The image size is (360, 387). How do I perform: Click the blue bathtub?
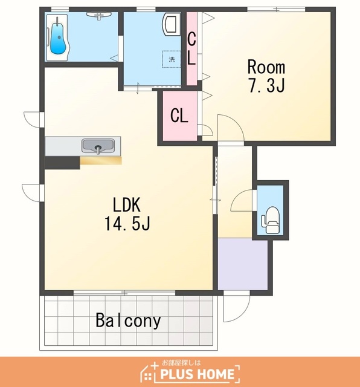click(x=59, y=37)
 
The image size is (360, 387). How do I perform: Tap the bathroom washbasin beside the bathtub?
click(x=98, y=15)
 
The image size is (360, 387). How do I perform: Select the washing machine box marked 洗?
click(x=172, y=59)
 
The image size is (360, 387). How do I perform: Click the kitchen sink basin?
click(x=98, y=146)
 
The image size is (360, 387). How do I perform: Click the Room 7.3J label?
click(x=266, y=76)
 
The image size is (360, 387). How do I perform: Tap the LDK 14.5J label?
click(x=127, y=213)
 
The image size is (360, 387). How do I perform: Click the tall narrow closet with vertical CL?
click(x=191, y=48)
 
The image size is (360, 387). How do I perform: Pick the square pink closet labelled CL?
click(x=180, y=115)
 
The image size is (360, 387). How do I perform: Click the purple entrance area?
click(x=243, y=264)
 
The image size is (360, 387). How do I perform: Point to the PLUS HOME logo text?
click(x=198, y=374)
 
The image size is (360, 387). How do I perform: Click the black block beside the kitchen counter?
click(x=62, y=163)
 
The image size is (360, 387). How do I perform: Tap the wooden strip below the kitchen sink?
click(x=101, y=160)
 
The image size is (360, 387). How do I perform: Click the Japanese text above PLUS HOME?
click(x=181, y=363)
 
